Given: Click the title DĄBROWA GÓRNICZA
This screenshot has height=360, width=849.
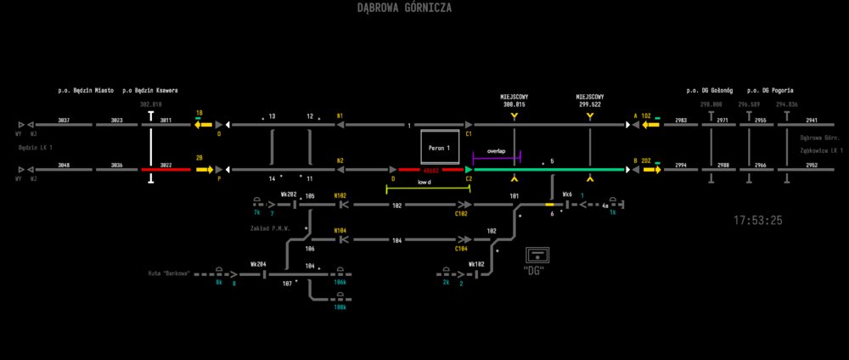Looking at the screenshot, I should pyautogui.click(x=404, y=8).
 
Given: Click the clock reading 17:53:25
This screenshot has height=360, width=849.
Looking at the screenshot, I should pyautogui.click(x=758, y=221).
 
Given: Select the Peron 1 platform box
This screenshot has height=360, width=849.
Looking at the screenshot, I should pyautogui.click(x=439, y=148).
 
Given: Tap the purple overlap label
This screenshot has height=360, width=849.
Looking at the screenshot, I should pyautogui.click(x=496, y=151).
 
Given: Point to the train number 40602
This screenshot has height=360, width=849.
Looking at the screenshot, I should pyautogui.click(x=424, y=170).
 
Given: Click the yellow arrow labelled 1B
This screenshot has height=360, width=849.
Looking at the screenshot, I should pyautogui.click(x=203, y=124).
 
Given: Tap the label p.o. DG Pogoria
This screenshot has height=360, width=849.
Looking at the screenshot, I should pyautogui.click(x=770, y=90).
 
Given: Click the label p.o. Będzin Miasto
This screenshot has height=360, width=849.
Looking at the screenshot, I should pyautogui.click(x=86, y=90).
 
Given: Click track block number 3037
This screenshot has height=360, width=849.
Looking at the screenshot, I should pyautogui.click(x=64, y=121).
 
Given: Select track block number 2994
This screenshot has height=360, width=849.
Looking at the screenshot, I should pyautogui.click(x=681, y=165).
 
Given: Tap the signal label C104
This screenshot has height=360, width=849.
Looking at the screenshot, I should pyautogui.click(x=461, y=249).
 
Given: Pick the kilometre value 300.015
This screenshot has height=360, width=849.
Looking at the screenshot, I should pyautogui.click(x=514, y=104).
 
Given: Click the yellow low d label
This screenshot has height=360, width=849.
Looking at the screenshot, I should pyautogui.click(x=425, y=183).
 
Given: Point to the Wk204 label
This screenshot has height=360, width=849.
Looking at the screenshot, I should pyautogui.click(x=258, y=264).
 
